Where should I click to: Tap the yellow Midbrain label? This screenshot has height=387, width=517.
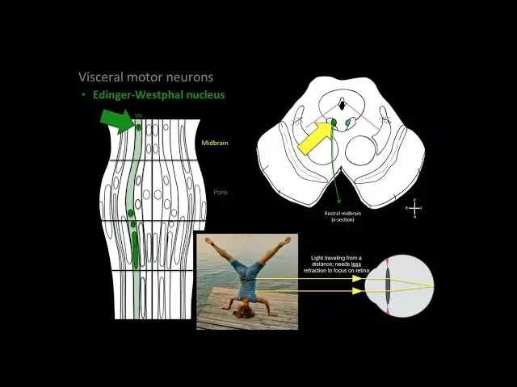214,142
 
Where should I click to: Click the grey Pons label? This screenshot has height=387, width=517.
221,193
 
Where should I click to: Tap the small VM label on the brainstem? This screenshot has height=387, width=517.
138,116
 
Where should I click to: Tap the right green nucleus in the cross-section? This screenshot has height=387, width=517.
349,123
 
